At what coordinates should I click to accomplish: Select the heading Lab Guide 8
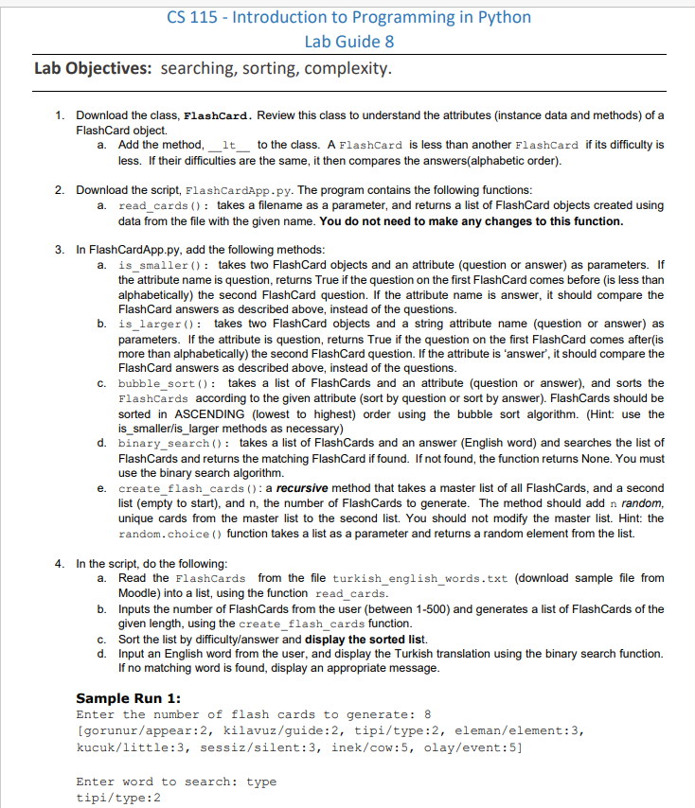click(x=349, y=41)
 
